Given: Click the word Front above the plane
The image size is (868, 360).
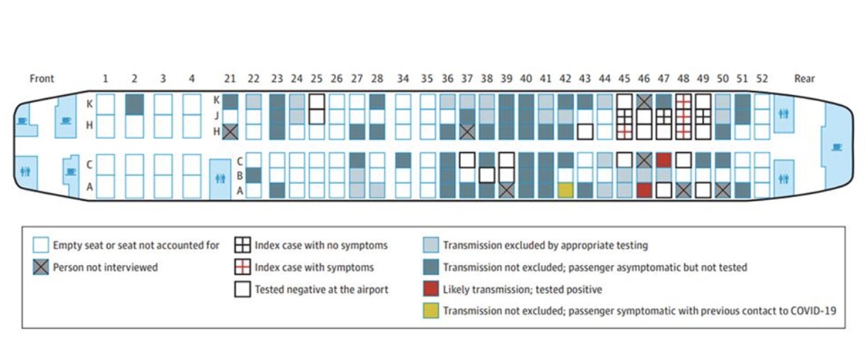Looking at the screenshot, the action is click(x=42, y=79).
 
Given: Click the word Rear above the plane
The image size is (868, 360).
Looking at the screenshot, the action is click(x=804, y=79).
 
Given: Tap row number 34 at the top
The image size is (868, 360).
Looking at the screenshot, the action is click(x=403, y=79).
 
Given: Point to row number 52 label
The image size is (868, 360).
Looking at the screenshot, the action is click(x=762, y=79).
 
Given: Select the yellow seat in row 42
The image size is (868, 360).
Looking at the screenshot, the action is click(x=566, y=191).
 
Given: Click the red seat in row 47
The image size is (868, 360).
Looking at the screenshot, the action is click(x=664, y=160).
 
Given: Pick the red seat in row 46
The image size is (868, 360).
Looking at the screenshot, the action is click(x=644, y=191).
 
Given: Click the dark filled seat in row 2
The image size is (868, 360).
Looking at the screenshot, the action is click(x=135, y=104).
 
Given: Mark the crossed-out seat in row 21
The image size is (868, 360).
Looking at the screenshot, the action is click(x=230, y=132).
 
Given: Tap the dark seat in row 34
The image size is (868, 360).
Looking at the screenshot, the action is click(x=404, y=160).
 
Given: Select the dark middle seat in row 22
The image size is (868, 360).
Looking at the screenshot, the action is click(x=253, y=175).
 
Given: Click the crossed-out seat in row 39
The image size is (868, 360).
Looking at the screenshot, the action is click(x=506, y=191).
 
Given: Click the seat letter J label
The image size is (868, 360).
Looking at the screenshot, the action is click(x=217, y=116).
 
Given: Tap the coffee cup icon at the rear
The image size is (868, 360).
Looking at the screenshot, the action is click(x=837, y=147).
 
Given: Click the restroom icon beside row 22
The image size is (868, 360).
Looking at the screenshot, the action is click(x=220, y=179).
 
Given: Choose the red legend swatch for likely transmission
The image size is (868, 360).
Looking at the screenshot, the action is click(x=431, y=288).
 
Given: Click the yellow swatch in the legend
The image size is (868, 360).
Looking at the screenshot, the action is click(x=431, y=311).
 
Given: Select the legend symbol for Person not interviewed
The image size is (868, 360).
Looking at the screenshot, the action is click(x=40, y=267).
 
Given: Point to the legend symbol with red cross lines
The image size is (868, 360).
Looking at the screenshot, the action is click(x=243, y=267).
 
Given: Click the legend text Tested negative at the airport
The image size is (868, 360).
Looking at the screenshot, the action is click(x=321, y=290).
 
